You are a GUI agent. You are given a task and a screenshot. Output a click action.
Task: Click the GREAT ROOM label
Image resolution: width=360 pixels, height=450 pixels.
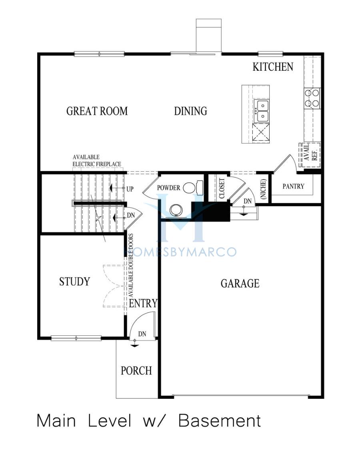click(97, 111)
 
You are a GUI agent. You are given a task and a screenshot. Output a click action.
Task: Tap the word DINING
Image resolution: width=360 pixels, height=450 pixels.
click(190, 111)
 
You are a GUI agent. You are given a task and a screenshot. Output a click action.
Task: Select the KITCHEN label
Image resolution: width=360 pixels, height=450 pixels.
click(273, 67)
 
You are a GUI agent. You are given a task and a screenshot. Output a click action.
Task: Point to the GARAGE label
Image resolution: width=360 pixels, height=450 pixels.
click(240, 283)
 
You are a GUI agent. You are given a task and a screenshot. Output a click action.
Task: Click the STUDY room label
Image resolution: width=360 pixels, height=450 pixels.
click(75, 281)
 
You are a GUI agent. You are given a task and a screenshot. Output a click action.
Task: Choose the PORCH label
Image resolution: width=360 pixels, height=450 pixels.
click(136, 370)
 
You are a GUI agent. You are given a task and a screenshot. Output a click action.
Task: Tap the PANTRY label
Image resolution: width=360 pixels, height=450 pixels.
click(293, 187)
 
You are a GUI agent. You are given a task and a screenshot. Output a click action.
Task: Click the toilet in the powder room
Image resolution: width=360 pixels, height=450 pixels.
click(193, 188)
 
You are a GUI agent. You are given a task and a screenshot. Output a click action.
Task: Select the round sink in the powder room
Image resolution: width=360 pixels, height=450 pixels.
click(176, 210)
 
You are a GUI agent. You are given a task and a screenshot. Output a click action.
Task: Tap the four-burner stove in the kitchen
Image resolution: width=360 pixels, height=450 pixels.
click(312, 98)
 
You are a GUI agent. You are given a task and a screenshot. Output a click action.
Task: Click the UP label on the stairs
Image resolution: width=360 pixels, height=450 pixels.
click(130, 189)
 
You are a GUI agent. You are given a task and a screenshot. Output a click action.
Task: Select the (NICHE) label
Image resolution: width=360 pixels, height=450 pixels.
click(263, 189)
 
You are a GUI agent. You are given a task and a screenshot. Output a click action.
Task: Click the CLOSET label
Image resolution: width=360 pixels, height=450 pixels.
click(222, 188)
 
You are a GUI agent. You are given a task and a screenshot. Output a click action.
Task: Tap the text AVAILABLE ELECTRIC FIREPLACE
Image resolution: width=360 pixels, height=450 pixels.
click(97, 161)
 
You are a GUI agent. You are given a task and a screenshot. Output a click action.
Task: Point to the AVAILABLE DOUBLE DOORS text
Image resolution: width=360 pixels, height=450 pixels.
click(131, 265)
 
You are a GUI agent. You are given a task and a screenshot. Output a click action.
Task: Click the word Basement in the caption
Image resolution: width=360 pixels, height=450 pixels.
click(220, 421)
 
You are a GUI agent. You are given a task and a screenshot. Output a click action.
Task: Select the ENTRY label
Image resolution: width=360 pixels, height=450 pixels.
click(143, 303)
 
